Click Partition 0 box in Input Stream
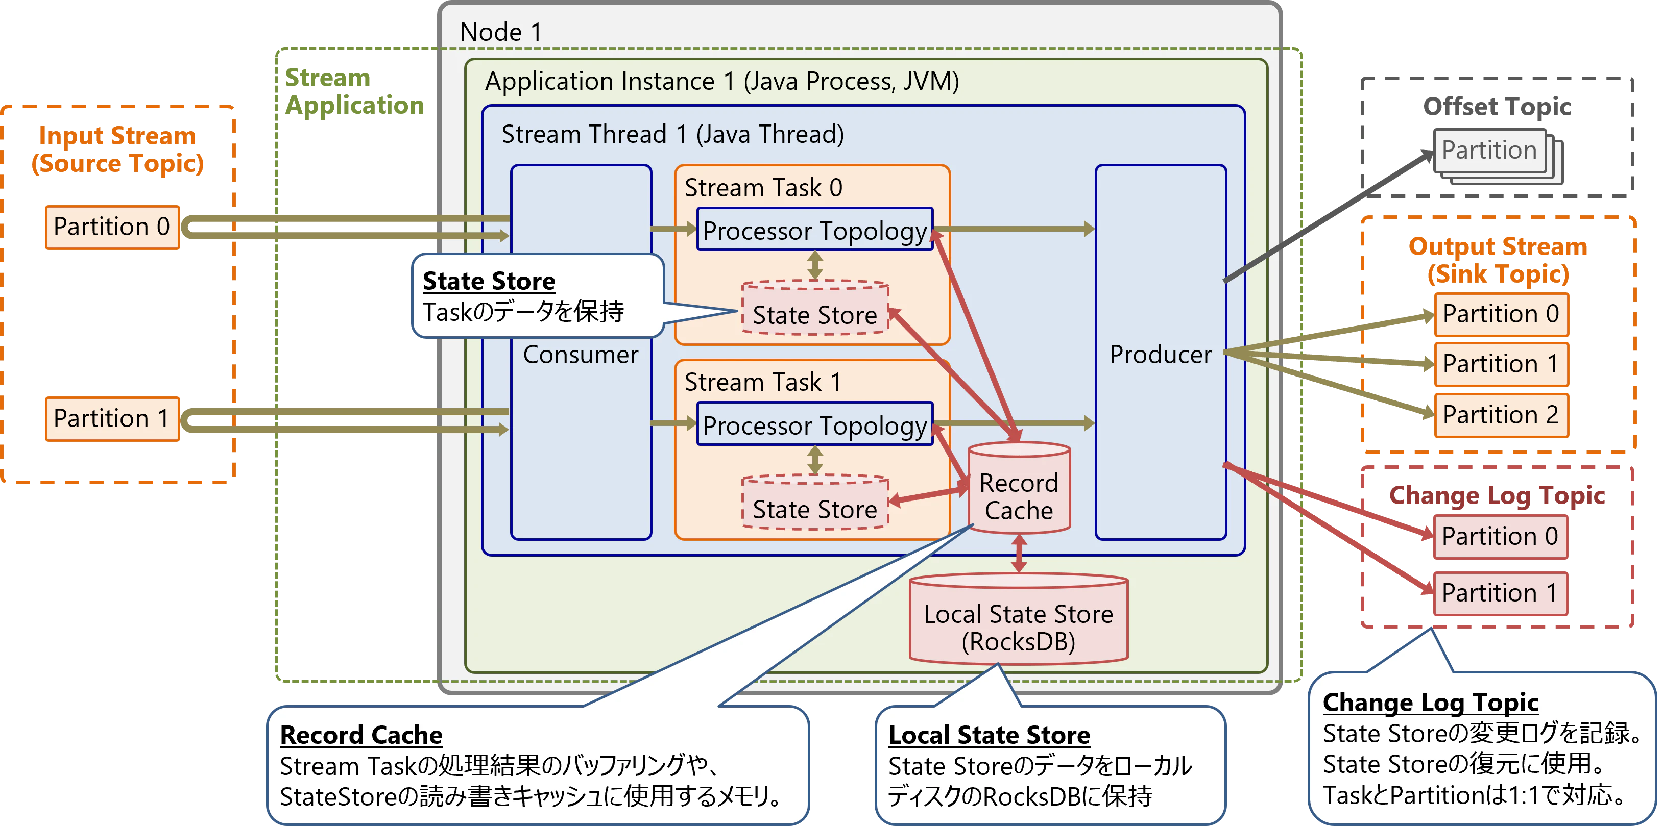pyautogui.click(x=112, y=227)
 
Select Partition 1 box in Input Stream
pyautogui.click(x=112, y=419)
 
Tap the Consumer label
pyautogui.click(x=581, y=354)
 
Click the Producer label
pyautogui.click(x=1160, y=354)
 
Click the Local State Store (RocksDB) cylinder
pyautogui.click(x=1018, y=625)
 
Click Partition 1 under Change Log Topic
pyautogui.click(x=1499, y=593)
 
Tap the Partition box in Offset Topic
pyautogui.click(x=1489, y=151)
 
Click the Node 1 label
pyautogui.click(x=500, y=32)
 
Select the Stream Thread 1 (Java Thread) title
pyautogui.click(x=672, y=134)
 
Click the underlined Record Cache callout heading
pyautogui.click(x=361, y=735)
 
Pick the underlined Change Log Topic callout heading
pyautogui.click(x=1430, y=702)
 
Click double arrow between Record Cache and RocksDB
pyautogui.click(x=1019, y=554)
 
